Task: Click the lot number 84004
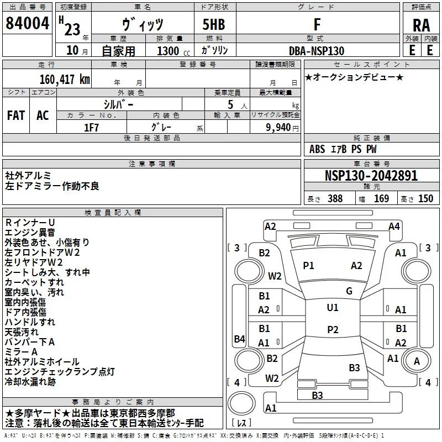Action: [x=27, y=23]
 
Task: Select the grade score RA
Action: [x=421, y=25]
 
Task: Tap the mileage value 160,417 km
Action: [x=65, y=80]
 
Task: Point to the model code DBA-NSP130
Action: [x=317, y=51]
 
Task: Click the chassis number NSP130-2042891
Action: [x=371, y=176]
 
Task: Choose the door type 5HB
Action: [x=214, y=24]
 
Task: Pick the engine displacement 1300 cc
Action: [x=173, y=51]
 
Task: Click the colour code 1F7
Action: [x=91, y=128]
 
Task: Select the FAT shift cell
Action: [x=16, y=115]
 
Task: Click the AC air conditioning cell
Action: [x=43, y=115]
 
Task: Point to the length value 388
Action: [x=335, y=198]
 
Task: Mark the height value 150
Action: [x=425, y=198]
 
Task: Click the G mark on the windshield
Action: [x=349, y=291]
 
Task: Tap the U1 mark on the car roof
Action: [x=333, y=308]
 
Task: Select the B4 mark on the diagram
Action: [x=240, y=339]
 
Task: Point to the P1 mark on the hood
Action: [x=308, y=266]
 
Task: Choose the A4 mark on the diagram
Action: [x=394, y=227]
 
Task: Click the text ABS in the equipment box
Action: [x=317, y=149]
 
